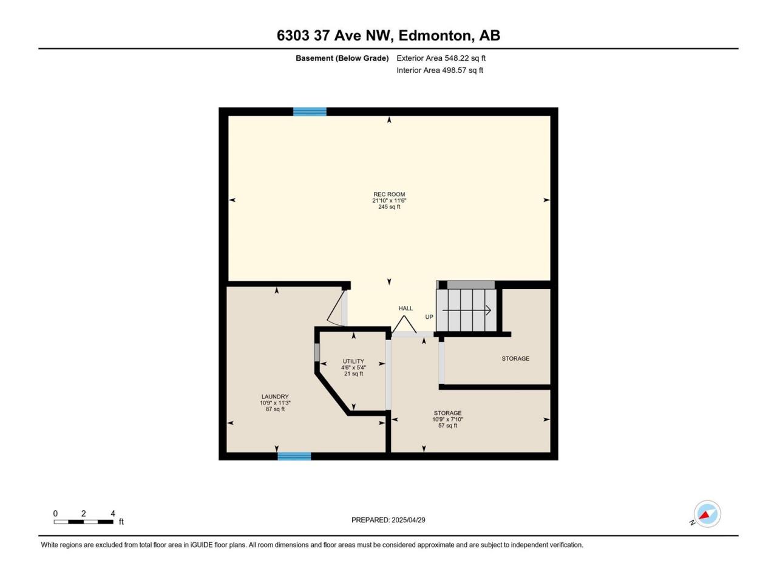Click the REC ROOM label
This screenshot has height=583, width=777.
click(x=389, y=194)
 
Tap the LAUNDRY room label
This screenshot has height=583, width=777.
click(x=275, y=397)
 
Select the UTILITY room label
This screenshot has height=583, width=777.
click(x=353, y=361)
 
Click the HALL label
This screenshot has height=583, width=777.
click(x=405, y=309)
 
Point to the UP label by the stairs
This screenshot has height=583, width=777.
click(x=429, y=317)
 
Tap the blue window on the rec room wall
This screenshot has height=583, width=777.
click(x=310, y=112)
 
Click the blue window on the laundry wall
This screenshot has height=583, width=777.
click(x=294, y=456)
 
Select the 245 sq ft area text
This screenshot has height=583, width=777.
click(x=389, y=206)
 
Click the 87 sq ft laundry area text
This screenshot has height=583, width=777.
click(x=275, y=409)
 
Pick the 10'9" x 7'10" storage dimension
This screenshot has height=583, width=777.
click(x=447, y=420)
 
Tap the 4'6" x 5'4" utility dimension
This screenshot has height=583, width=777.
click(x=353, y=367)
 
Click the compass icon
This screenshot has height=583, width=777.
click(x=707, y=514)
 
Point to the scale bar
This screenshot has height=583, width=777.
click(x=84, y=522)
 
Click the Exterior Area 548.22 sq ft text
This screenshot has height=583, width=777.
click(x=441, y=58)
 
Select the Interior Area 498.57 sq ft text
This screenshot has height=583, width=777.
click(x=439, y=70)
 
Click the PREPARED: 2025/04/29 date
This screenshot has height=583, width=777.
click(x=388, y=520)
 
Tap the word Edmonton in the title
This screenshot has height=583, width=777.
click(x=436, y=35)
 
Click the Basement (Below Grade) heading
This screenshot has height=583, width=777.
click(x=342, y=58)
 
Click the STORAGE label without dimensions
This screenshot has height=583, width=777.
click(x=515, y=358)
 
